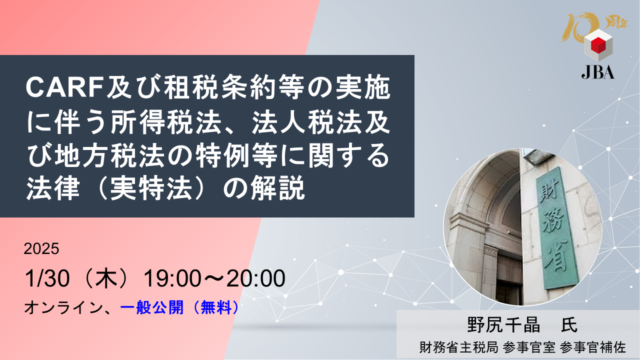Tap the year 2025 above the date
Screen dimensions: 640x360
tap(41, 248)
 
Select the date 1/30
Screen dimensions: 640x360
tap(47, 278)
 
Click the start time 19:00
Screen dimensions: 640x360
tap(172, 278)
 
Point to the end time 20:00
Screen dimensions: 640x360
tap(256, 278)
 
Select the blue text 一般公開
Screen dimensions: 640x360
tap(151, 307)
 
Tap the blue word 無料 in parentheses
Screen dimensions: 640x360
tap(216, 307)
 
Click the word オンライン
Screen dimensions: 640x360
tap(63, 307)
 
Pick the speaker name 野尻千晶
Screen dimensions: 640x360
tap(503, 325)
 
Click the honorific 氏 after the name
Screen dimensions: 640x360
tap(569, 325)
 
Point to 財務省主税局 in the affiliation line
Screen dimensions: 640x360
tap(459, 347)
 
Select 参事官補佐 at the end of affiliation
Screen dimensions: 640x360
tap(593, 347)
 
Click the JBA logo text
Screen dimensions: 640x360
tap(597, 72)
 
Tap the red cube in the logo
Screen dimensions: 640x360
tap(598, 45)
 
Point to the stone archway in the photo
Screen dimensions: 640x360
tap(485, 200)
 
